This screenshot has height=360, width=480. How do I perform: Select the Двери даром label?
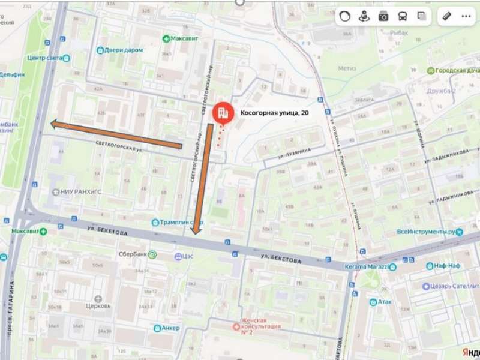pyautogui.click(x=124, y=50)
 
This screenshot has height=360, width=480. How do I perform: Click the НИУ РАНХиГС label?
pyautogui.click(x=80, y=192)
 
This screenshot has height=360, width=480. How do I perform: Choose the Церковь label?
pyautogui.click(x=98, y=305)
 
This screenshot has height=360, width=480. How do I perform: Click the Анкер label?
pyautogui.click(x=170, y=328)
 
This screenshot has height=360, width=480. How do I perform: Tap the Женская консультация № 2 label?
pyautogui.click(x=260, y=326)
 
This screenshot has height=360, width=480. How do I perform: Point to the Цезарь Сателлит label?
pyautogui.click(x=453, y=286)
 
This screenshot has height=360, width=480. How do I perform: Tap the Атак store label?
pyautogui.click(x=385, y=302)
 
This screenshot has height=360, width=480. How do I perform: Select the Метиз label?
pyautogui.click(x=347, y=68)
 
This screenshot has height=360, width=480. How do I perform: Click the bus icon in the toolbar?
pyautogui.click(x=403, y=16)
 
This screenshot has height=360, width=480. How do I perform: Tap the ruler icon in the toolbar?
pyautogui.click(x=446, y=16)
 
